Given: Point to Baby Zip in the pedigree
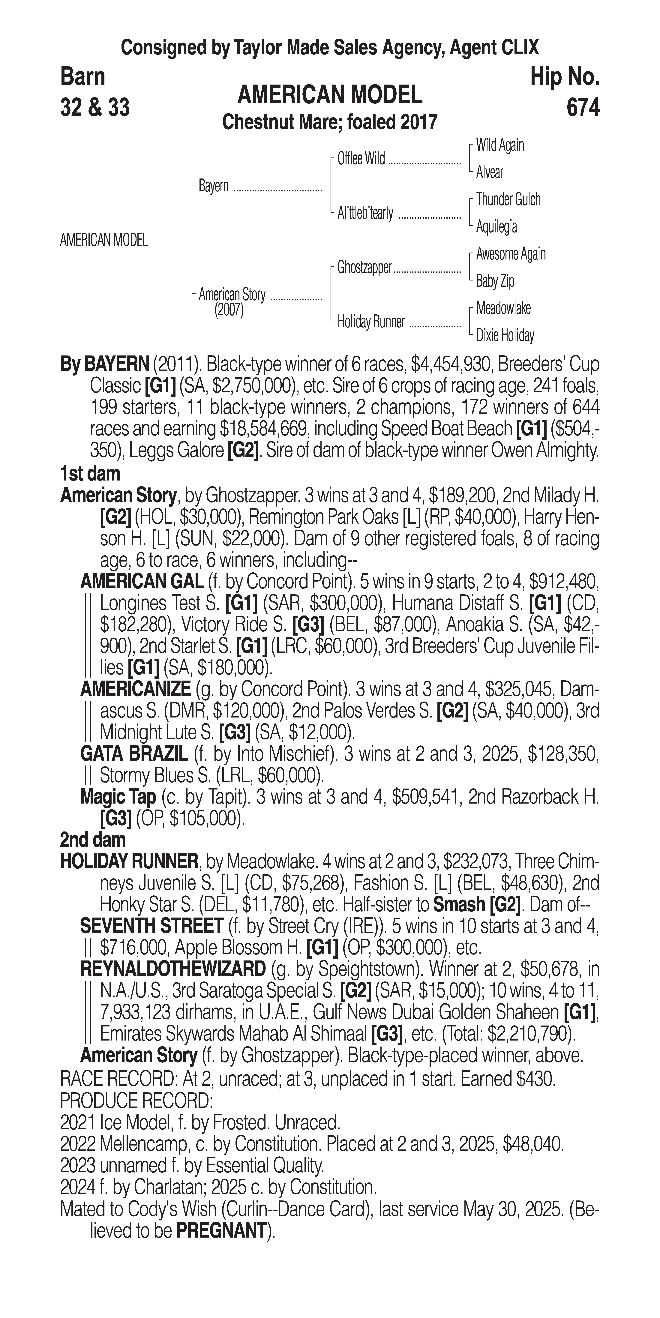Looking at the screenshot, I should (495, 281).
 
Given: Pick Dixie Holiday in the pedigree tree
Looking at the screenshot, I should (504, 336).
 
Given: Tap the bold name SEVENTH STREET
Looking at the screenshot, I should (151, 926).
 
